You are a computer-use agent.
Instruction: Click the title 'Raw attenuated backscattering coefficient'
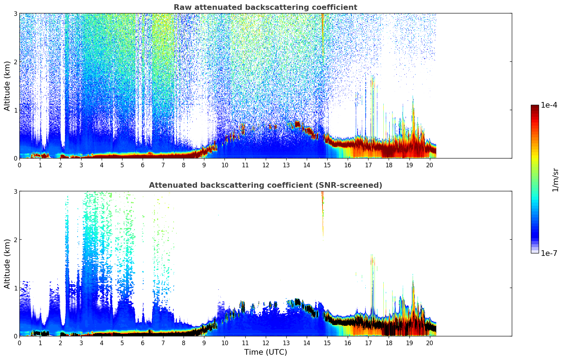265,7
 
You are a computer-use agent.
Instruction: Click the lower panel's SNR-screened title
265,185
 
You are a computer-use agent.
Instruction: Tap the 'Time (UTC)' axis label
265,352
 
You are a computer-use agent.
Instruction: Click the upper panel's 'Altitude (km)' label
7,86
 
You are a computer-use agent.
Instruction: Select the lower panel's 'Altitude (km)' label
7,264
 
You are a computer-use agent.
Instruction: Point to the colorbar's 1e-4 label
549,105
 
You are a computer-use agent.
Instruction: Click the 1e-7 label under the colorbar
549,253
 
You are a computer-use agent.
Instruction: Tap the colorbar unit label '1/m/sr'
555,180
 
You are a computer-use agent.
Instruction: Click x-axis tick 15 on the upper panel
327,165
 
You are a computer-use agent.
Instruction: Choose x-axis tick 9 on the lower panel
204,343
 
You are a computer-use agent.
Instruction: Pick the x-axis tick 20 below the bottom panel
430,343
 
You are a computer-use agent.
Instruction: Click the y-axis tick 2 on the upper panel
15,62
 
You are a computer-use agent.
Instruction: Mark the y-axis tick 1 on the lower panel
15,288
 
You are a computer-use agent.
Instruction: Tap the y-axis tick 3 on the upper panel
15,14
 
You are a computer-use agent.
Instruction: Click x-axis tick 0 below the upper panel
19,165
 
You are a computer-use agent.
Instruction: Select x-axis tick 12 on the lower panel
265,343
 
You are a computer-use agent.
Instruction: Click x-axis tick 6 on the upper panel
143,165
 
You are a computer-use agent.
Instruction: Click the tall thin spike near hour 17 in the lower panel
372,275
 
